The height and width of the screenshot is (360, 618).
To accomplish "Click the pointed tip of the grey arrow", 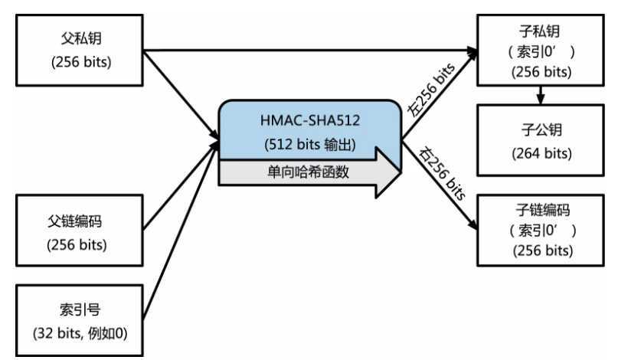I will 399,172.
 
